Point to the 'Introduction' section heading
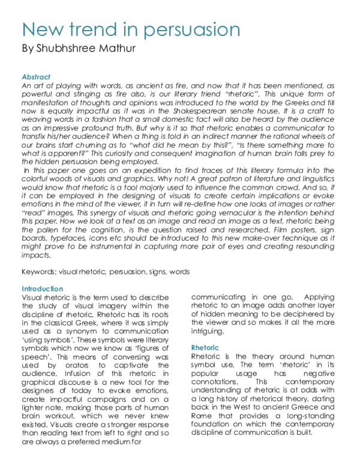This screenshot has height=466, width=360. [41, 289]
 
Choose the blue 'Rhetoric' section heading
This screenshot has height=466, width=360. [205, 348]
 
